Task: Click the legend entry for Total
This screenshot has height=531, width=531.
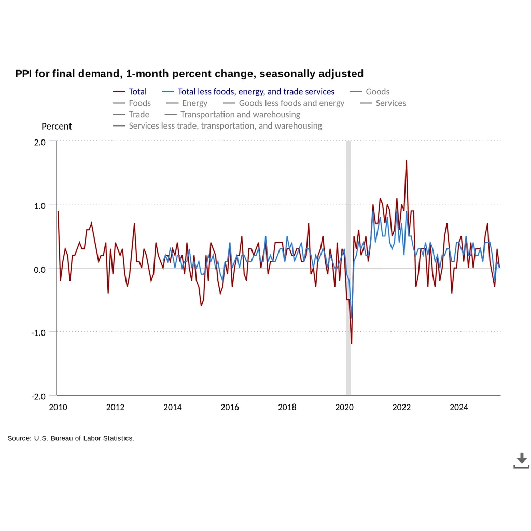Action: (130, 92)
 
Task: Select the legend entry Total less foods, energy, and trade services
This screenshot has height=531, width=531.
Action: (248, 92)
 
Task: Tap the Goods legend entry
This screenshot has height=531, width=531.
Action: (370, 92)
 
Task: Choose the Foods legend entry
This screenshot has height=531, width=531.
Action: (132, 103)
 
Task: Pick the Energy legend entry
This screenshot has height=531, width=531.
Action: (187, 103)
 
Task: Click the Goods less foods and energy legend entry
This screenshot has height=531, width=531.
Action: (284, 103)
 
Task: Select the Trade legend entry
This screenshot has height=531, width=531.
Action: (131, 115)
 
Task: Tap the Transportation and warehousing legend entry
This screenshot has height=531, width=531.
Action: (232, 115)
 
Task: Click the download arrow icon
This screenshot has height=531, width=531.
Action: (522, 460)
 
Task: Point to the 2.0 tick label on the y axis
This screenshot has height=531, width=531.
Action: (39, 142)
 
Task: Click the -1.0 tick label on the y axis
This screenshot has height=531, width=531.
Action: (38, 332)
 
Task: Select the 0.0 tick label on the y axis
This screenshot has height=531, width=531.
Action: (39, 270)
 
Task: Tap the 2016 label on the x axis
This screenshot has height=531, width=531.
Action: (230, 407)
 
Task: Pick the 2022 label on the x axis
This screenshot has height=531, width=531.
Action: (402, 407)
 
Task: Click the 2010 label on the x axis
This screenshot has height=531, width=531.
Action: (58, 407)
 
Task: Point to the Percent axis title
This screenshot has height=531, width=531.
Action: (57, 127)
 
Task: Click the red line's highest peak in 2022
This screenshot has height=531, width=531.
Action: (407, 161)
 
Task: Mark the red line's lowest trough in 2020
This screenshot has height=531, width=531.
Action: (352, 344)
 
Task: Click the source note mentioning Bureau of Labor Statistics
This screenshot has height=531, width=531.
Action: (71, 438)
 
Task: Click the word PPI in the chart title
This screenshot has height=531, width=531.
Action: (23, 74)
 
